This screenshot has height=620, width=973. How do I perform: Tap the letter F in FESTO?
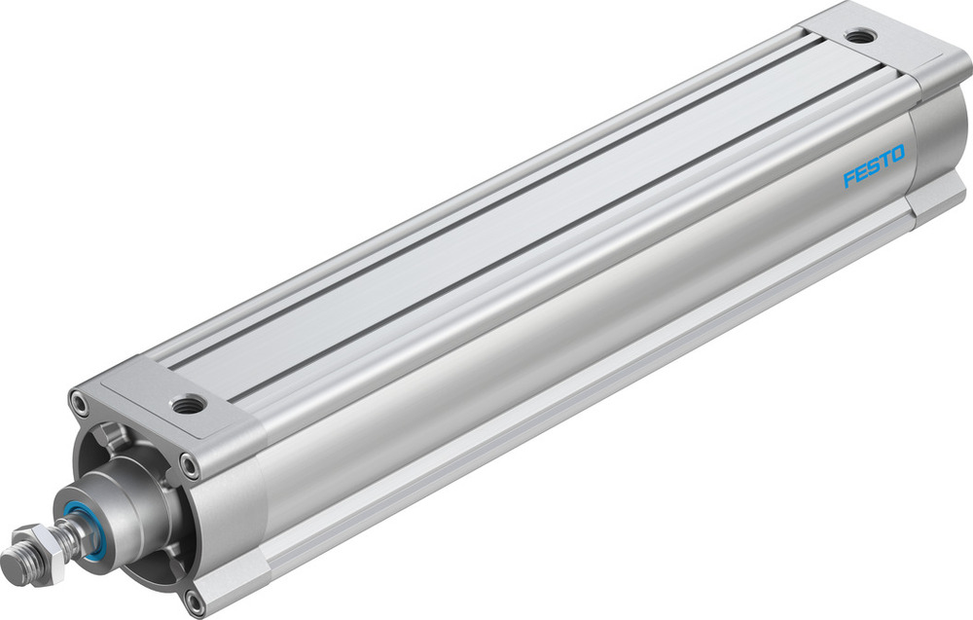[x=847, y=179]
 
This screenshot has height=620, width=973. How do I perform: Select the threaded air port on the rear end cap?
[x=859, y=37]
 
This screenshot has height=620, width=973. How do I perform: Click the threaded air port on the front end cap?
[x=184, y=400]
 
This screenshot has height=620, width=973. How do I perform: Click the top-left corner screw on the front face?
[x=76, y=397]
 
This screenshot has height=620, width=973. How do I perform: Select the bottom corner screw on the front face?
[x=194, y=598]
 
